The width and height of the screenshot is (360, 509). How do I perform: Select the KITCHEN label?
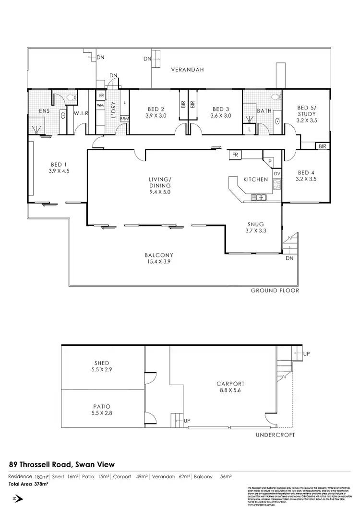(255, 179)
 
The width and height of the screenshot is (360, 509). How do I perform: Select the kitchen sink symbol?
(259, 197)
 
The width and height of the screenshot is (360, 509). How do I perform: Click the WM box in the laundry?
(100, 104)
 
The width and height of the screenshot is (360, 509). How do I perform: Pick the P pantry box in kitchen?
(270, 162)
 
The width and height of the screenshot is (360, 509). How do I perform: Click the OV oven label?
(277, 173)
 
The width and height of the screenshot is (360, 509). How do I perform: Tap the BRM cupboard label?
(124, 118)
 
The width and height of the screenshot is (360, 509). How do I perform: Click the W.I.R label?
(80, 114)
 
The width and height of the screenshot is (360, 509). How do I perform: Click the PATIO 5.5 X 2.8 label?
(102, 409)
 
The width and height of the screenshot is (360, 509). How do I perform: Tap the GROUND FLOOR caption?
(275, 291)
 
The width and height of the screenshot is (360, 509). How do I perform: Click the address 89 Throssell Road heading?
(62, 464)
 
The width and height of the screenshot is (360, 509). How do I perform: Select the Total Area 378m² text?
(28, 484)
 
